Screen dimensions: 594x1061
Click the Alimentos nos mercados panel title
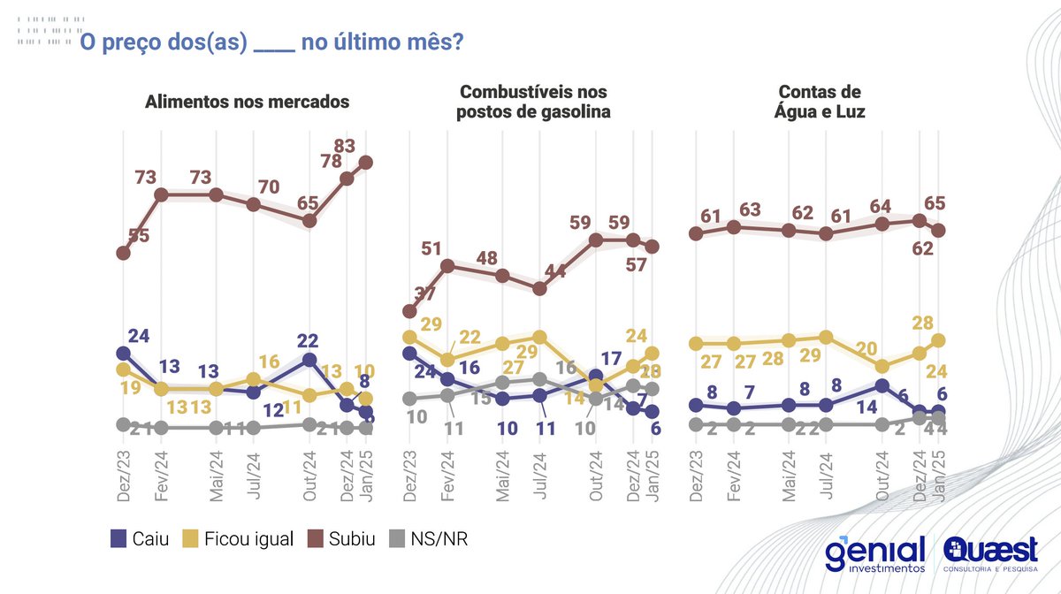click(247, 102)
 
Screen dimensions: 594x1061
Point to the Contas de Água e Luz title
click(820, 102)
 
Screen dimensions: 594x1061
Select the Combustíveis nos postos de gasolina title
click(535, 102)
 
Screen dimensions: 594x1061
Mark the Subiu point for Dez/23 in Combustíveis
click(409, 311)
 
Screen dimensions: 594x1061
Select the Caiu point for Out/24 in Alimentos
click(309, 360)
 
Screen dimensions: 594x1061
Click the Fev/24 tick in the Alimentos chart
click(161, 478)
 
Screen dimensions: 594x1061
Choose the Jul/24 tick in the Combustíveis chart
click(541, 478)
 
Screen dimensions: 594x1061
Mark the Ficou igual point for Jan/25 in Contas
click(939, 340)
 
